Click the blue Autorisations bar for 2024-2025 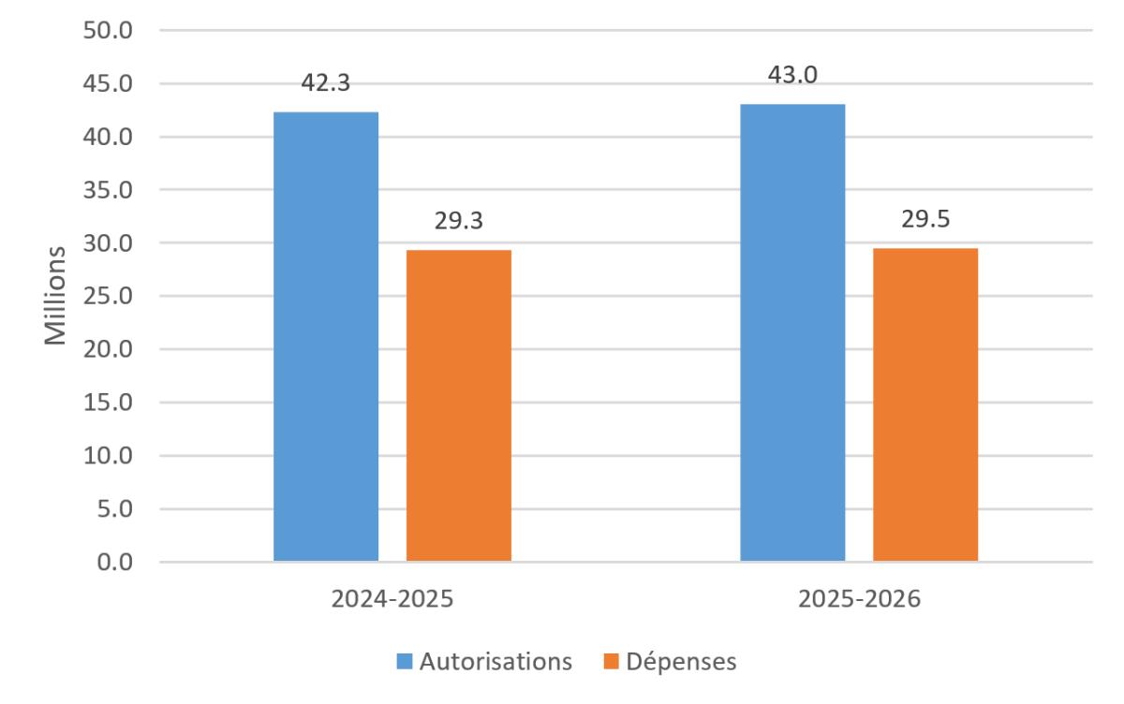click(x=326, y=337)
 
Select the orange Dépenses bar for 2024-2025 click(x=459, y=405)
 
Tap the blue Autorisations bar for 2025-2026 click(x=792, y=332)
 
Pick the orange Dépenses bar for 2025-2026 click(x=925, y=404)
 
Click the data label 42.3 click(x=326, y=82)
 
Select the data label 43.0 click(x=792, y=75)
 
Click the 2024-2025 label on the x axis click(x=392, y=600)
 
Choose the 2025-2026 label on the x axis click(x=859, y=600)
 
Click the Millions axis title click(x=57, y=296)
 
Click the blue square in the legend click(x=405, y=662)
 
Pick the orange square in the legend click(x=612, y=662)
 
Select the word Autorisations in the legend click(x=495, y=662)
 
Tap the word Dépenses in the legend click(x=682, y=662)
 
